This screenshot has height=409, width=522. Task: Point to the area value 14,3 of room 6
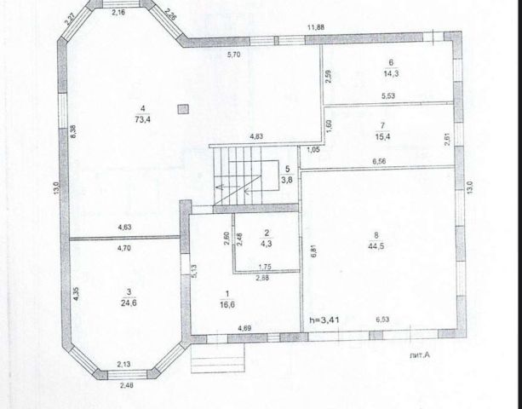391,72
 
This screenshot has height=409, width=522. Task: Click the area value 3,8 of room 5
288,180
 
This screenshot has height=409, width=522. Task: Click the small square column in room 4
182,108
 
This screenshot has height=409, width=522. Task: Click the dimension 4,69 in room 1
244,328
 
